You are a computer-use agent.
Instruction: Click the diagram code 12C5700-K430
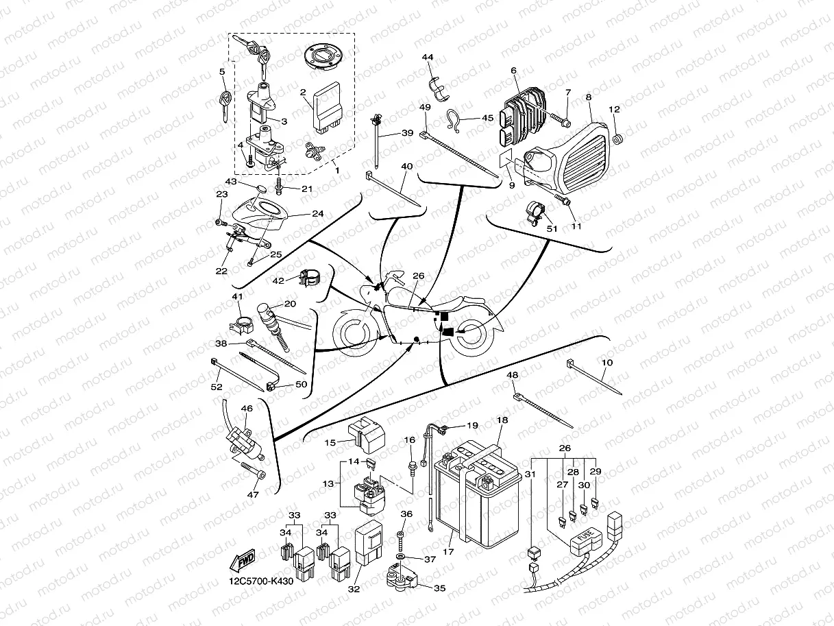tap(261, 582)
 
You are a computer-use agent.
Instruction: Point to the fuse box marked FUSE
tap(581, 542)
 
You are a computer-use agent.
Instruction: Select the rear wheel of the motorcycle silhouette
tap(470, 335)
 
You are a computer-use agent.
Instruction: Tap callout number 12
tap(614, 110)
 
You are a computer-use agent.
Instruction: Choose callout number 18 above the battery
tap(502, 420)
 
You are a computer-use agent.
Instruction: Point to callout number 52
tap(217, 387)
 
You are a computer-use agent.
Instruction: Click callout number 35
tap(439, 588)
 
